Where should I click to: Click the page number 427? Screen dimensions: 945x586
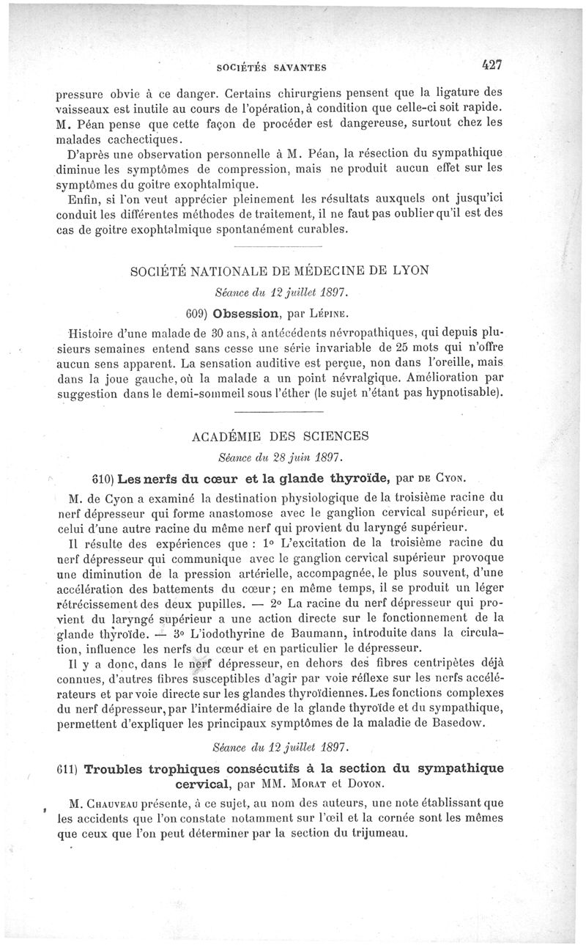(491, 65)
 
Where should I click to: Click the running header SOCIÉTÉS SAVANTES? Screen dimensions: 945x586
(272, 68)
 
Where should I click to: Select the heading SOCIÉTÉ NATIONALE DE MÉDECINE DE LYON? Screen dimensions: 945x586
(278, 270)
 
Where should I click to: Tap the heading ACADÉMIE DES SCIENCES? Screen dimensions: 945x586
(278, 435)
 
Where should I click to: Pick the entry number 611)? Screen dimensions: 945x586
(68, 770)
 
